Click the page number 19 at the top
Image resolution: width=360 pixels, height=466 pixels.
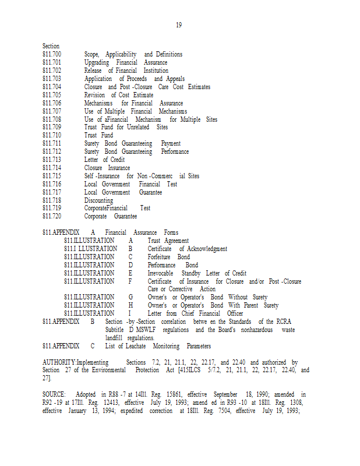(179, 25)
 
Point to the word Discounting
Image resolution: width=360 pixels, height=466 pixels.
(98, 200)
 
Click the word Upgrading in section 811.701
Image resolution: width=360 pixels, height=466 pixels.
(97, 62)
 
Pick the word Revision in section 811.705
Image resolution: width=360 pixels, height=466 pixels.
(94, 95)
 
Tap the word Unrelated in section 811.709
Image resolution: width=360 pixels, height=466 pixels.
(137, 127)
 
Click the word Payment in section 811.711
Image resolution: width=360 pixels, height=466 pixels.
(171, 143)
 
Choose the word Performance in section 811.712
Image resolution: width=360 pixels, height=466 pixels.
(175, 151)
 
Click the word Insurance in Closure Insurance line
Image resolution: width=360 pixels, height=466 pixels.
(119, 168)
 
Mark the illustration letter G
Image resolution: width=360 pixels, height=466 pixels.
(130, 297)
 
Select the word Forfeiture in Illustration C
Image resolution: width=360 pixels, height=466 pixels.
(159, 257)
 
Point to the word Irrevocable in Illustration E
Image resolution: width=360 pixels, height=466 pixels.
(161, 273)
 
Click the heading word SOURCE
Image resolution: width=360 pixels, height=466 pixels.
(54, 394)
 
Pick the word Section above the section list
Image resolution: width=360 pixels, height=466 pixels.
(51, 46)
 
